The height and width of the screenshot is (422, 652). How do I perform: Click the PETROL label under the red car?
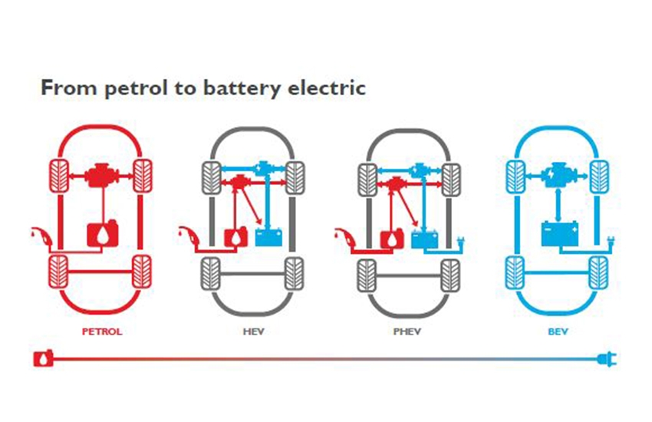(102, 332)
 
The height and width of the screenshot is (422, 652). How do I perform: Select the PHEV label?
(405, 332)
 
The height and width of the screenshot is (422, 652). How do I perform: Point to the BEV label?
(555, 332)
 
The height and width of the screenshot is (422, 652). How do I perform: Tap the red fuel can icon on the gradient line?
(41, 358)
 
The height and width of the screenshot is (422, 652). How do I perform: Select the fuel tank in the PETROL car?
(104, 232)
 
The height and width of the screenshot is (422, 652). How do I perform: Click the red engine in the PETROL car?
(101, 179)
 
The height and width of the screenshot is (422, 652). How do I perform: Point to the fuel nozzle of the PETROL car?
(38, 234)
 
